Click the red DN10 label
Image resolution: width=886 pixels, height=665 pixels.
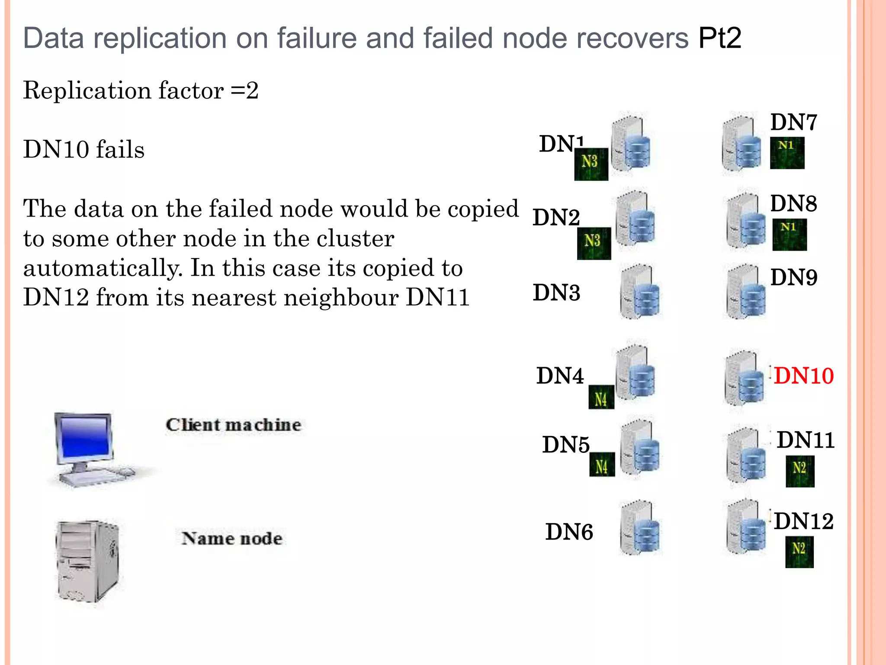(x=803, y=376)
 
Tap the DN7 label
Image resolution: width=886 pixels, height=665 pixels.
(x=793, y=123)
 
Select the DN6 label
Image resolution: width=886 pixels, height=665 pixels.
(x=569, y=532)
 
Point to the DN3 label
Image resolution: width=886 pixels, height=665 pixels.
(x=556, y=293)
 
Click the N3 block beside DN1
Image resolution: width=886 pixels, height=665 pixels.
(x=591, y=164)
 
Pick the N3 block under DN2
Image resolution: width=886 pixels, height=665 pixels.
(x=594, y=243)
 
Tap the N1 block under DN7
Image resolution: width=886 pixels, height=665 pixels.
(x=787, y=153)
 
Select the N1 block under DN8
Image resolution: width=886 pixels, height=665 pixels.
(x=789, y=235)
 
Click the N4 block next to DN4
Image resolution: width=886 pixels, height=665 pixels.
(x=601, y=397)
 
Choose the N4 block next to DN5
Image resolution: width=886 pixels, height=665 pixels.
(x=602, y=465)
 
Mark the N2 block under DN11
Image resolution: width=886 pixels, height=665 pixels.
(x=799, y=471)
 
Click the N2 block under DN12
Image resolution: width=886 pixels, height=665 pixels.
(x=799, y=552)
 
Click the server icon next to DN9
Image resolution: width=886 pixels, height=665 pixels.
(x=745, y=292)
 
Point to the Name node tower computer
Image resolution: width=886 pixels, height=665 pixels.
(x=88, y=562)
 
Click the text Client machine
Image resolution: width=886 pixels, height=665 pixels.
(x=233, y=425)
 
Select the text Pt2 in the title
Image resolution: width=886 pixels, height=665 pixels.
(x=719, y=38)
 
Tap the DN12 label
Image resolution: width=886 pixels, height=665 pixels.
(x=803, y=521)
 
